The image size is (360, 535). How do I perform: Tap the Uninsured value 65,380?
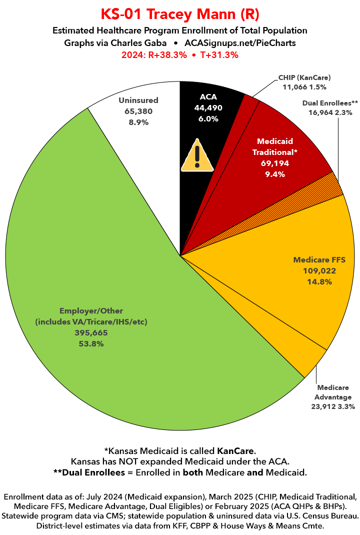click(x=138, y=111)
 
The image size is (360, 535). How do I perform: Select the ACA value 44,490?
click(x=208, y=107)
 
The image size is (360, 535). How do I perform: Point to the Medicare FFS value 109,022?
click(x=319, y=271)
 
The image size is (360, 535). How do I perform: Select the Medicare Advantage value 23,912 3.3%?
click(x=332, y=406)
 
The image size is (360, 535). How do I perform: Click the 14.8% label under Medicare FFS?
click(x=319, y=282)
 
